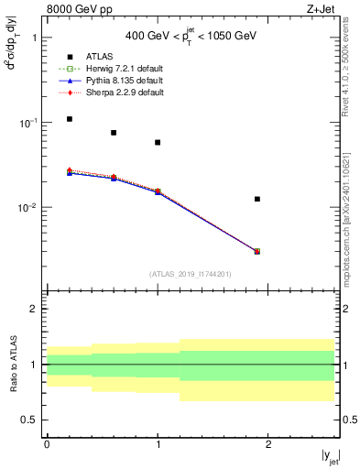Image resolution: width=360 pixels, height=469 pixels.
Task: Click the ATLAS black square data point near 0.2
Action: tap(70, 119)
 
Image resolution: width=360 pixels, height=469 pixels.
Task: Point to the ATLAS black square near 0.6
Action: tap(114, 133)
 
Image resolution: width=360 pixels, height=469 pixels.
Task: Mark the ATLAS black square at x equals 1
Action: tap(158, 142)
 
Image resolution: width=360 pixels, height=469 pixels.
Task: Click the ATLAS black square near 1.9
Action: tap(257, 199)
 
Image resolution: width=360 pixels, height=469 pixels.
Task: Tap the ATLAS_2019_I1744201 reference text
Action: tap(191, 274)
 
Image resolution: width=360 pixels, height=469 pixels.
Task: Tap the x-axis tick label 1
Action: tap(158, 444)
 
